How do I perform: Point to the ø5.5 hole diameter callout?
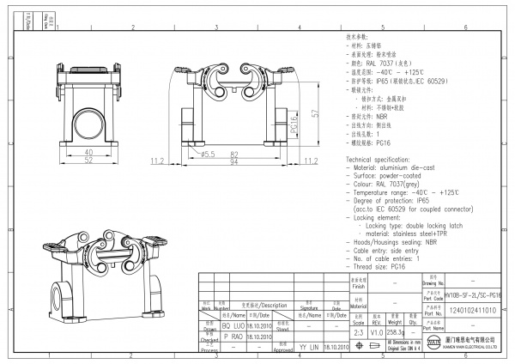(x=206, y=154)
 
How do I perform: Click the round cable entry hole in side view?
(x=88, y=117)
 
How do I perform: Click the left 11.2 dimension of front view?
(x=157, y=161)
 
